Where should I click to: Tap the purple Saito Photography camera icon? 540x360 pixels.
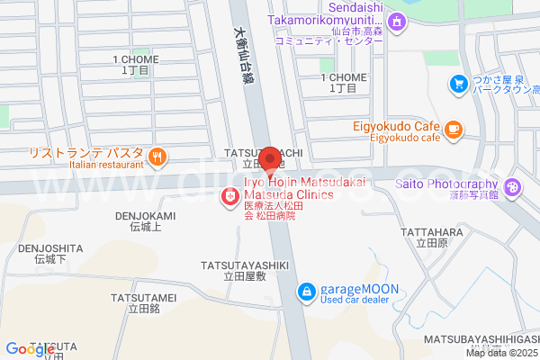[513, 187]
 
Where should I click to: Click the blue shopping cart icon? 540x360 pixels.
[459, 85]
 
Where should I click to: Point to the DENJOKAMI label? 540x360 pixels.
[145, 216]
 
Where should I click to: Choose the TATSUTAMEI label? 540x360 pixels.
[143, 297]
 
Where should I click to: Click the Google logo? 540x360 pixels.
[30, 349]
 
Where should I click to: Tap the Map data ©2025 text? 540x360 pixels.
[500, 353]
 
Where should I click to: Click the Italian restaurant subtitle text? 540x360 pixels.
[105, 165]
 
